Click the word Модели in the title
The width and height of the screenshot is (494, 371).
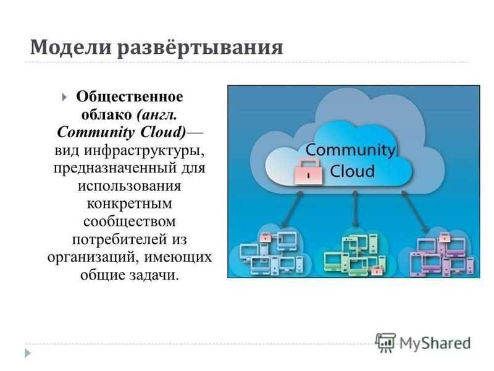click(x=70, y=47)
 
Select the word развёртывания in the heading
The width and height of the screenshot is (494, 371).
click(x=200, y=48)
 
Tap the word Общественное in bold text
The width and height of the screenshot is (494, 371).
click(x=130, y=97)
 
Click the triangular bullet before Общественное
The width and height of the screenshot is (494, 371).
click(x=64, y=97)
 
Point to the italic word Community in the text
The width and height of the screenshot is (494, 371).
click(x=96, y=132)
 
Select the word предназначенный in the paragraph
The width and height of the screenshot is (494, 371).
click(x=115, y=168)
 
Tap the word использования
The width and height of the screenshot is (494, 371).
click(x=130, y=186)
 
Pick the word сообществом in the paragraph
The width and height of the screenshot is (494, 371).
click(x=130, y=221)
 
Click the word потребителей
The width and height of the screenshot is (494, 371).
click(x=120, y=239)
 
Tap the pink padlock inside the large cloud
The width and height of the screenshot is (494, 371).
click(x=309, y=172)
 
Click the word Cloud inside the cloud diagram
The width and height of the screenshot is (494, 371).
click(x=353, y=171)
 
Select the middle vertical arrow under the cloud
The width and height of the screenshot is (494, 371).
click(x=356, y=208)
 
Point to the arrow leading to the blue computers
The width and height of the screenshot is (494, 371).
click(x=292, y=209)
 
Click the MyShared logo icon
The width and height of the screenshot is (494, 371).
click(x=385, y=343)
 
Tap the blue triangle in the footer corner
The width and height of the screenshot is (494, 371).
click(x=28, y=353)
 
